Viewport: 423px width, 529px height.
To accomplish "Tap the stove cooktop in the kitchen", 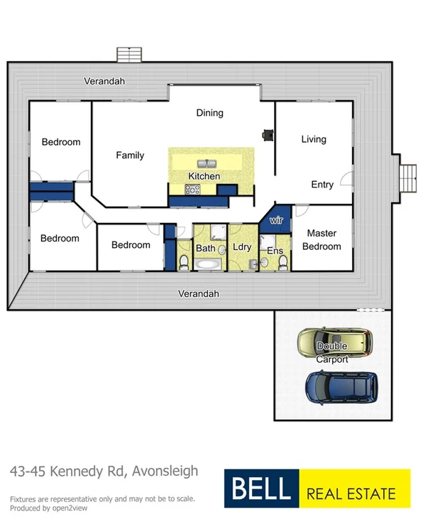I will coord(192,189).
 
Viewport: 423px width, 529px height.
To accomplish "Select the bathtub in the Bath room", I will coord(209,265).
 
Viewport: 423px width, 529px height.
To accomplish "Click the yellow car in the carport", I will coord(334,343).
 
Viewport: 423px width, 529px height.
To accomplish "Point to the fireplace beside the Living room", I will coord(268,134).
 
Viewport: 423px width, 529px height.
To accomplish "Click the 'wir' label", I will coord(278,221).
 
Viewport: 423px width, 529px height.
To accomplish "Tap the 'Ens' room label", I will coord(275,251).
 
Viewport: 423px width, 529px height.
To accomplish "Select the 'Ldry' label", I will coord(241,248).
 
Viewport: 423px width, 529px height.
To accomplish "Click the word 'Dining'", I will coord(209,113).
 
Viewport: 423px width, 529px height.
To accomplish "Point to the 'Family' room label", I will coord(130,155).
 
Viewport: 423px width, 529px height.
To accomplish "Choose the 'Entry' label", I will coord(322,185).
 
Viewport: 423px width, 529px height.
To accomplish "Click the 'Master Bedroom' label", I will coord(322,240).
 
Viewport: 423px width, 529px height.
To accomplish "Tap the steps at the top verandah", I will coord(128,55).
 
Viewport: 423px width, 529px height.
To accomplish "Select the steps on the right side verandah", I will coord(408,178).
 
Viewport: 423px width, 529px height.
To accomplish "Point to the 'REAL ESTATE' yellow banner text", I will coord(353,491).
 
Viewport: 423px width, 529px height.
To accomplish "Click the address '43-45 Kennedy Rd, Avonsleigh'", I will coord(104,471).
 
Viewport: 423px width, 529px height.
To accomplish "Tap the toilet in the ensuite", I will coord(283,263).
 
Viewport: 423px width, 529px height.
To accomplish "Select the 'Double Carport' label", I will coord(332,352).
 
